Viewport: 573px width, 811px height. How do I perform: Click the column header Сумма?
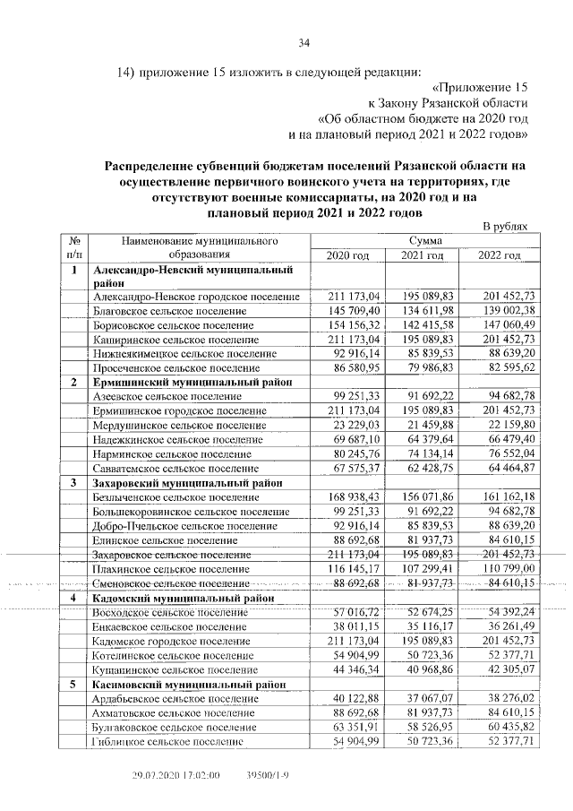coord(425,241)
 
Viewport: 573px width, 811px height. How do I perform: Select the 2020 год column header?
coord(347,256)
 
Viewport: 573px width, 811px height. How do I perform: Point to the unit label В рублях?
coord(506,227)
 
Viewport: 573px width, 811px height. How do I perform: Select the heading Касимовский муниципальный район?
coord(192,684)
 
